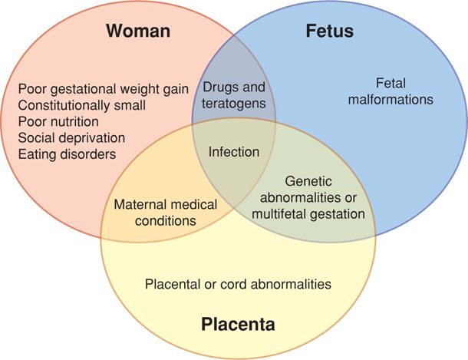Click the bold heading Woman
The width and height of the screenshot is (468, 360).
(x=138, y=31)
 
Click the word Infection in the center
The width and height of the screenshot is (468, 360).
(x=234, y=151)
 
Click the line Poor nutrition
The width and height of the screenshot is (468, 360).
(x=58, y=121)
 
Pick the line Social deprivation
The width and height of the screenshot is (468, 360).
(x=71, y=137)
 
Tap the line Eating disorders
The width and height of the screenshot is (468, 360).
(x=67, y=154)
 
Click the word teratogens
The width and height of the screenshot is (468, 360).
(x=235, y=103)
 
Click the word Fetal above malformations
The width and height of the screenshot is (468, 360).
(x=391, y=83)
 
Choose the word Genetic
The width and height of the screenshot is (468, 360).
(x=308, y=182)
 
